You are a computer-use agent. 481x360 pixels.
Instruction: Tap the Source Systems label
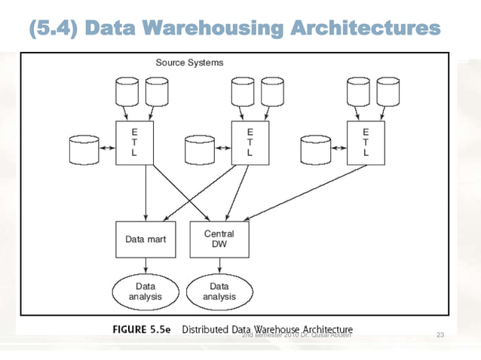[x=189, y=63]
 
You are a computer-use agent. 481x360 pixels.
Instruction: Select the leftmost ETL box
[x=134, y=141]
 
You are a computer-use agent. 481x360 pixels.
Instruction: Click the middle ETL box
[x=250, y=141]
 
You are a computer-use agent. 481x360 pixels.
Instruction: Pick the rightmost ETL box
[x=366, y=141]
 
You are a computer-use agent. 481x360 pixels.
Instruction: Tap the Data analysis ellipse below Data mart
[x=145, y=291]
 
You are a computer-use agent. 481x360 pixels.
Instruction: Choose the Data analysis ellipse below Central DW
[x=219, y=291]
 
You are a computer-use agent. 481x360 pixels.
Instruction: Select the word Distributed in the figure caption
[x=208, y=330]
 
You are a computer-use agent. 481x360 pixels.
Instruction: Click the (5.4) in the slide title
[x=54, y=29]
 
